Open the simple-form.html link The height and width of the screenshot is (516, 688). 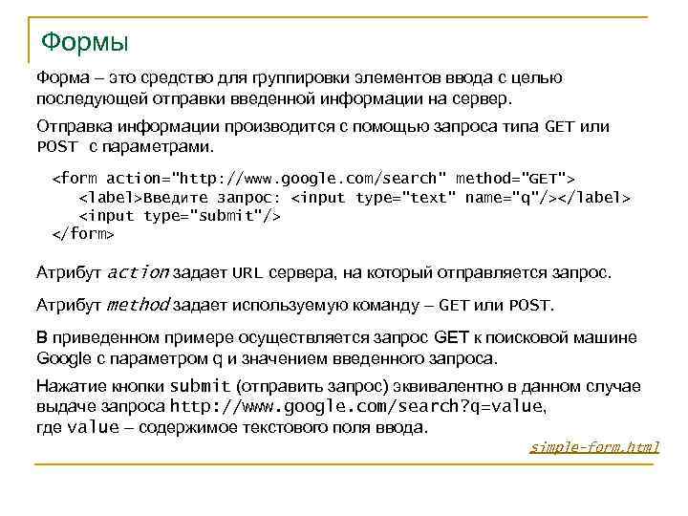coord(594,447)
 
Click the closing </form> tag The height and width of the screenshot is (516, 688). coord(82,233)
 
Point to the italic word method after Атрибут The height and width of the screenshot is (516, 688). coord(138,305)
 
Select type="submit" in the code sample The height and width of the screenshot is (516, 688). coord(212,215)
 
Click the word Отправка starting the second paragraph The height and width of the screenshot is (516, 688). coord(70,127)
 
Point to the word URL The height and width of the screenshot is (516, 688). coord(247,273)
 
